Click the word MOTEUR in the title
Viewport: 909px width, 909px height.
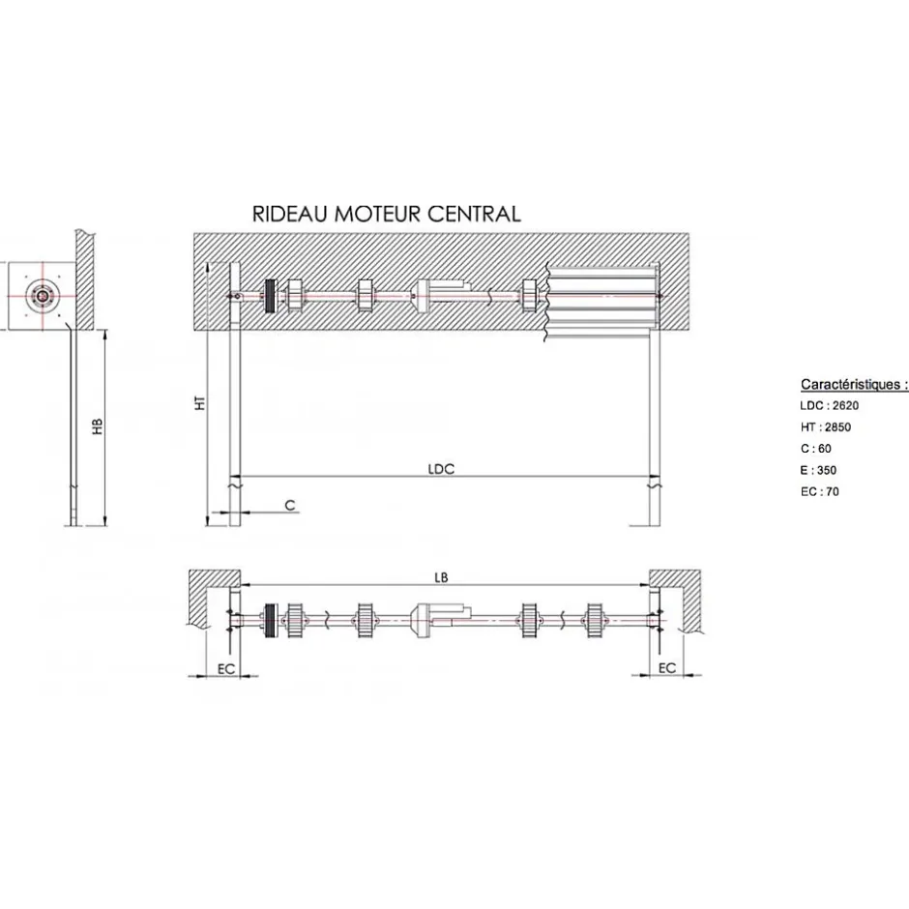click(x=378, y=214)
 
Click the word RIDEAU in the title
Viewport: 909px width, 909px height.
click(x=290, y=214)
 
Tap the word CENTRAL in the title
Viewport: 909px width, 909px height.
click(x=474, y=214)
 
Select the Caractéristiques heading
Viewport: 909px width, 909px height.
click(x=854, y=384)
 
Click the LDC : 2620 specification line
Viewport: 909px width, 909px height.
click(x=829, y=406)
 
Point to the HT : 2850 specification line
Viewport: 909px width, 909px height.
click(x=826, y=427)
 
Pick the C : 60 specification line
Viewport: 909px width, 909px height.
click(x=815, y=449)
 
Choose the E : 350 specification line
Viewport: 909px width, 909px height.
click(x=818, y=470)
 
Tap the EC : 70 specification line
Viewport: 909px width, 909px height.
click(x=820, y=491)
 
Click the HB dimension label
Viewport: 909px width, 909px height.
click(x=98, y=426)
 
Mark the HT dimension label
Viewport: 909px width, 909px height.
click(x=200, y=403)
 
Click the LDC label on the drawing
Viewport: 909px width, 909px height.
click(x=441, y=469)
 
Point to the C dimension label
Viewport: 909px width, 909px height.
click(x=290, y=506)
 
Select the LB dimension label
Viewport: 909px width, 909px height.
click(x=441, y=577)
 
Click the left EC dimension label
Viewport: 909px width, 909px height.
click(x=226, y=669)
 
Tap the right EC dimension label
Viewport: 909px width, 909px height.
click(x=667, y=668)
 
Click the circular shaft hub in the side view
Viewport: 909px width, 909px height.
click(x=43, y=296)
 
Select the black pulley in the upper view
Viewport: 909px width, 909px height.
click(x=270, y=296)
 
